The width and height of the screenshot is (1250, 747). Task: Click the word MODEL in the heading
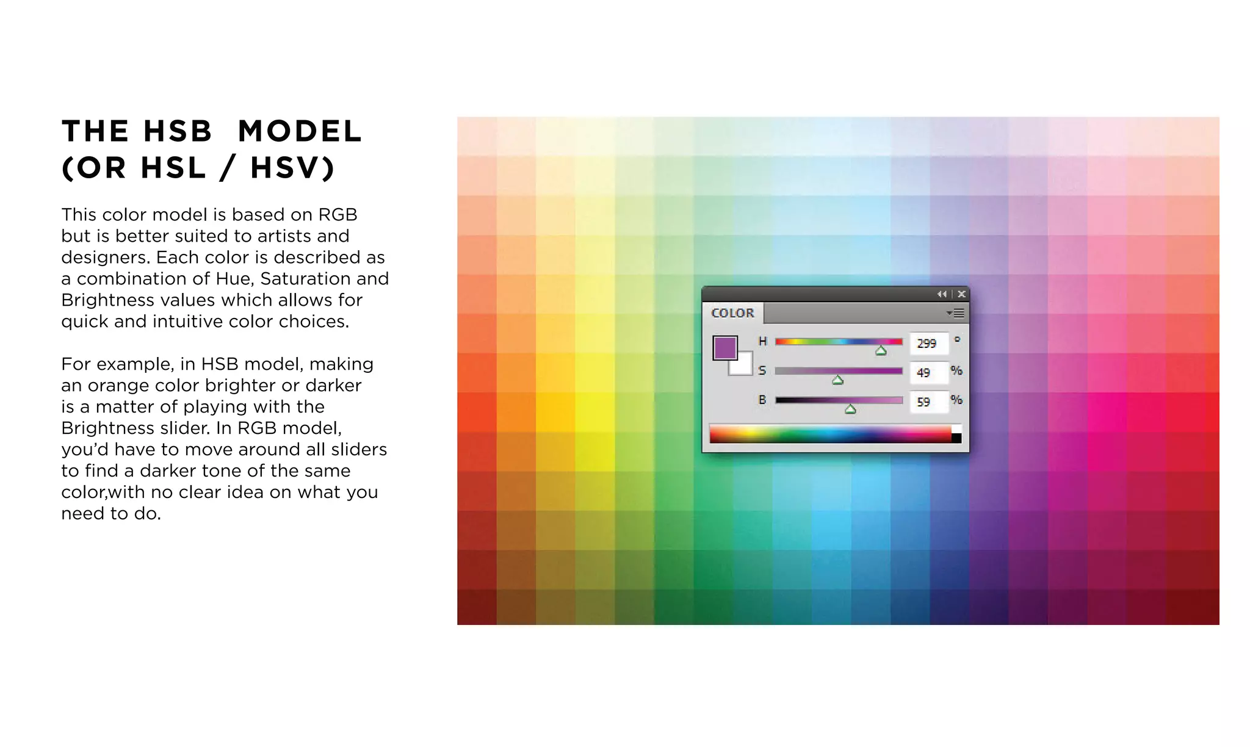tap(300, 132)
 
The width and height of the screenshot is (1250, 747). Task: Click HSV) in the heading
tap(292, 168)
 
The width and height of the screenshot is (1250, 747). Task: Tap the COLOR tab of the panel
tap(732, 313)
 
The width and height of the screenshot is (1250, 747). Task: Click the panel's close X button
tap(961, 294)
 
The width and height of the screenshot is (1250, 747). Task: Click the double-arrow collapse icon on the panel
tap(942, 294)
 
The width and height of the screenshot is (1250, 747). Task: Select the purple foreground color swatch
tap(724, 348)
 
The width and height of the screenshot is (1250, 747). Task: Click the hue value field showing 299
tap(928, 344)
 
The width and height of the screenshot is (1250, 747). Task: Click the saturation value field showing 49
tap(927, 372)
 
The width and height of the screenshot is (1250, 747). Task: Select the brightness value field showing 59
tap(927, 402)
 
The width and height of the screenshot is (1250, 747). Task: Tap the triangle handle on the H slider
tap(881, 351)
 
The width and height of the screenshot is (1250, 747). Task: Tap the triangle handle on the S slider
tap(838, 380)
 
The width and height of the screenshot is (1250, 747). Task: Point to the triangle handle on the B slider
tap(850, 410)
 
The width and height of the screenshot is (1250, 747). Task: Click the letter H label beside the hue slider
tap(762, 341)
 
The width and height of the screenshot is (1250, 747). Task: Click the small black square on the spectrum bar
tap(956, 438)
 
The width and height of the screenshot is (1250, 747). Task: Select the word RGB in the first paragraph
tap(338, 215)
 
